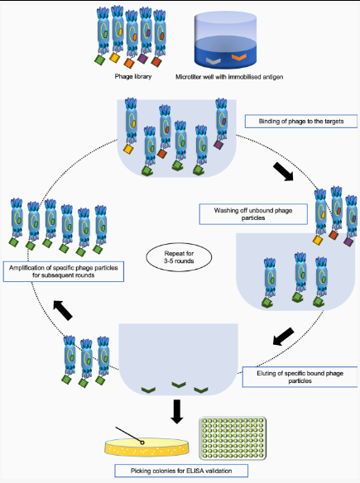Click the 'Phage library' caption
pyautogui.click(x=133, y=76)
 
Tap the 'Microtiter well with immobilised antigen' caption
pyautogui.click(x=229, y=77)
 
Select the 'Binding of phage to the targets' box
pyautogui.click(x=301, y=121)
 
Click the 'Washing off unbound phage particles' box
pyautogui.click(x=253, y=214)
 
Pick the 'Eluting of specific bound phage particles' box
pyautogui.click(x=300, y=377)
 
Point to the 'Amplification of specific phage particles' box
pyautogui.click(x=64, y=271)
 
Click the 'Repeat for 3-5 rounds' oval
pyautogui.click(x=179, y=257)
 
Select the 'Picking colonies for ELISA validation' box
pyautogui.click(x=181, y=471)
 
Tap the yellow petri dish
pyautogui.click(x=146, y=447)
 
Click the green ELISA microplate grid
pyautogui.click(x=233, y=438)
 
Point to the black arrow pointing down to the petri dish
pyautogui.click(x=177, y=412)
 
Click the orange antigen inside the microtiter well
pyautogui.click(x=239, y=57)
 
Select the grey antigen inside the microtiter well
pyautogui.click(x=214, y=60)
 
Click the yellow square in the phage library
pyautogui.click(x=114, y=58)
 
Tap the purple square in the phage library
pyautogui.click(x=142, y=58)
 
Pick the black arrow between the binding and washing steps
pyautogui.click(x=283, y=171)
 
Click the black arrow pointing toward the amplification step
pyautogui.click(x=63, y=310)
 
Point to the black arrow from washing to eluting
pyautogui.click(x=283, y=337)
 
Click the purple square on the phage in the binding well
pyautogui.click(x=218, y=145)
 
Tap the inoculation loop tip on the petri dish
pyautogui.click(x=142, y=442)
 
